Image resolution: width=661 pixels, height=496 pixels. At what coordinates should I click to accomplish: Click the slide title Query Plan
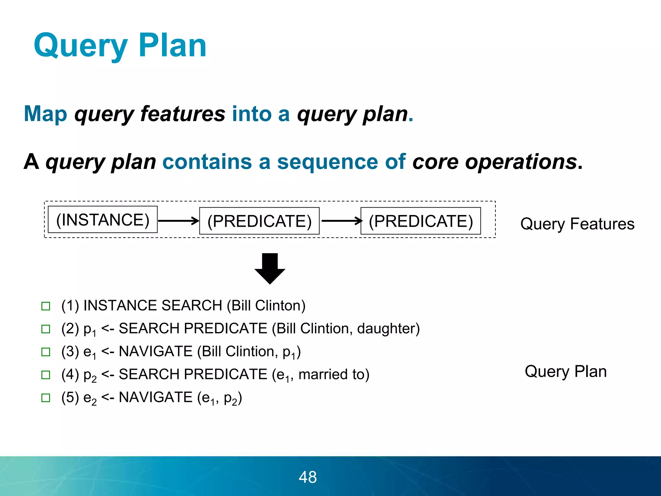coord(120,46)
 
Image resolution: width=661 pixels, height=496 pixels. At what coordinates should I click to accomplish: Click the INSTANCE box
coord(103,220)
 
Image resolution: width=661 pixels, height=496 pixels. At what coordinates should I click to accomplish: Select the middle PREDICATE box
coord(259,221)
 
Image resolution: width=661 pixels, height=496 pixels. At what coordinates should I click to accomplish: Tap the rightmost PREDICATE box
coord(421,221)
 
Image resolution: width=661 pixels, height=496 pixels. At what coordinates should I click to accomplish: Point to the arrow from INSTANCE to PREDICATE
coord(178,221)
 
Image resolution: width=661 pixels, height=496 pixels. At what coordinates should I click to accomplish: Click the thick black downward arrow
coord(270,268)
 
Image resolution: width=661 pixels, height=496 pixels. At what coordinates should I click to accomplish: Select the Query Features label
coord(577,224)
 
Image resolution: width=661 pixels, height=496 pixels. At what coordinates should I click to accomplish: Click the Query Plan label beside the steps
coord(565,371)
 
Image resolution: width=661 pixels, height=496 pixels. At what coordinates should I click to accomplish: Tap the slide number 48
coord(308,477)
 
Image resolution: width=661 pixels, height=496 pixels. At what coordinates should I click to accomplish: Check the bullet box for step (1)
coord(46,306)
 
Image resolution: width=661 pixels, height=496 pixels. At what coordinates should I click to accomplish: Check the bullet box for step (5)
coord(46,398)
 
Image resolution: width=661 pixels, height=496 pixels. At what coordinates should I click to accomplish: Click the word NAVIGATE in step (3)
coord(156,351)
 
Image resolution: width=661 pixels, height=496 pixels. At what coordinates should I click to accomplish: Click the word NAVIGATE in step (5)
coord(156,397)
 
